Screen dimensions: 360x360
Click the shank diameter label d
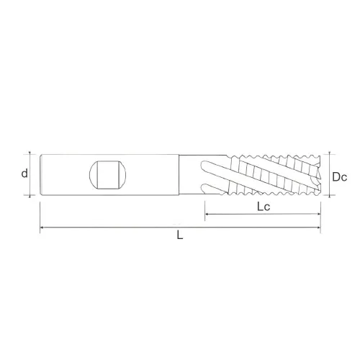pos(24,174)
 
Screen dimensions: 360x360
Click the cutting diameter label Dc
pos(339,177)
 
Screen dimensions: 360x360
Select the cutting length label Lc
pos(264,207)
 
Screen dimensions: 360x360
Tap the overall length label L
pos(180,235)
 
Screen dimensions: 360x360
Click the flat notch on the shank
pos(107,175)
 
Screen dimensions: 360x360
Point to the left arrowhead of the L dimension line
pos(42,227)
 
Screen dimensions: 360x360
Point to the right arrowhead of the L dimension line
pos(318,227)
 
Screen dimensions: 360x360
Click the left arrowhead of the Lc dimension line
pos(207,214)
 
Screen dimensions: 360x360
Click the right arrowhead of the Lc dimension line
pos(318,214)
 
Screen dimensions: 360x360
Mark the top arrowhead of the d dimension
pos(30,153)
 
